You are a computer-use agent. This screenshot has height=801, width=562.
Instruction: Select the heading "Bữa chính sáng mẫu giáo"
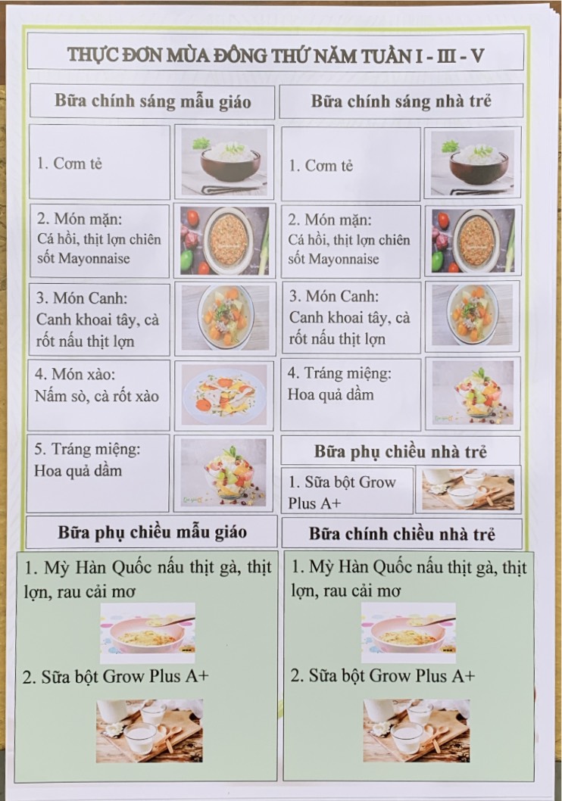pos(153,101)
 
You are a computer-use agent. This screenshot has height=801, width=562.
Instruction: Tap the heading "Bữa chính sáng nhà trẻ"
pos(401,101)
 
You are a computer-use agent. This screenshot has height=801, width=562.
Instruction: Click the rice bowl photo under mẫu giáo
pos(224,162)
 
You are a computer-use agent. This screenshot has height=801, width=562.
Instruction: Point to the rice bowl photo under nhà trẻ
pos(473,163)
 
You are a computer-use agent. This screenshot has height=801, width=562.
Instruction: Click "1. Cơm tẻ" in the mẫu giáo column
pos(70,164)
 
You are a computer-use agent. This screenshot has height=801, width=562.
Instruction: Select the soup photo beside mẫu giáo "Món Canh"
pos(225,318)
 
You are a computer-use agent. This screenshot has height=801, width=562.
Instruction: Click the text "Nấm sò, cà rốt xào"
pos(96,396)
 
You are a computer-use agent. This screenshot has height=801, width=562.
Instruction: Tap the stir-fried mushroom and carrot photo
pos(224,394)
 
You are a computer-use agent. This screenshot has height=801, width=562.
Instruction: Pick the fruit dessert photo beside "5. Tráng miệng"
pos(223,472)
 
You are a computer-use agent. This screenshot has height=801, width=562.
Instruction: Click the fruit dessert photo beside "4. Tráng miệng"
pos(473,393)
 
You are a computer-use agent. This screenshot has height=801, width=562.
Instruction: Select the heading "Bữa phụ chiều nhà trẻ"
pos(401,451)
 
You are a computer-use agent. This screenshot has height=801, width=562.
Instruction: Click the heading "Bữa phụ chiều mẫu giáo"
pos(152,531)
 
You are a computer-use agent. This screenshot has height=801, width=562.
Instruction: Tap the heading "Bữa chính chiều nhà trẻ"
pos(402,534)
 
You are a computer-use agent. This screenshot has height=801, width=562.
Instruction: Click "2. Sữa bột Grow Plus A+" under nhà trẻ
pos(382,676)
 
